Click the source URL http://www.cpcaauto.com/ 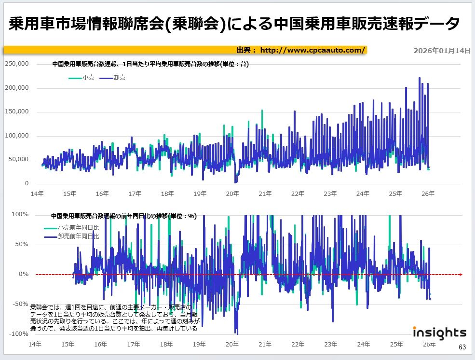pyautogui.click(x=313, y=50)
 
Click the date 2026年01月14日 pyautogui.click(x=442, y=50)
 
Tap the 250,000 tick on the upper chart pyautogui.click(x=17, y=64)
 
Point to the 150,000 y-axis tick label pyautogui.click(x=17, y=111)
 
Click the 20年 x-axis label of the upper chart pyautogui.click(x=232, y=194)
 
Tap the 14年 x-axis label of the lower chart pyautogui.click(x=35, y=345)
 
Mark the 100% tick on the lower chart pyautogui.click(x=21, y=214)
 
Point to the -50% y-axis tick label pyautogui.click(x=21, y=304)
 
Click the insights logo pyautogui.click(x=439, y=333)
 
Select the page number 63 pyautogui.click(x=462, y=347)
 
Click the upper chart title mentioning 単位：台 pyautogui.click(x=150, y=64)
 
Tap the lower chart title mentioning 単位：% pyautogui.click(x=123, y=216)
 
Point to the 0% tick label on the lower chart pyautogui.click(x=24, y=274)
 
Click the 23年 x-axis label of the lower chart pyautogui.click(x=330, y=345)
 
